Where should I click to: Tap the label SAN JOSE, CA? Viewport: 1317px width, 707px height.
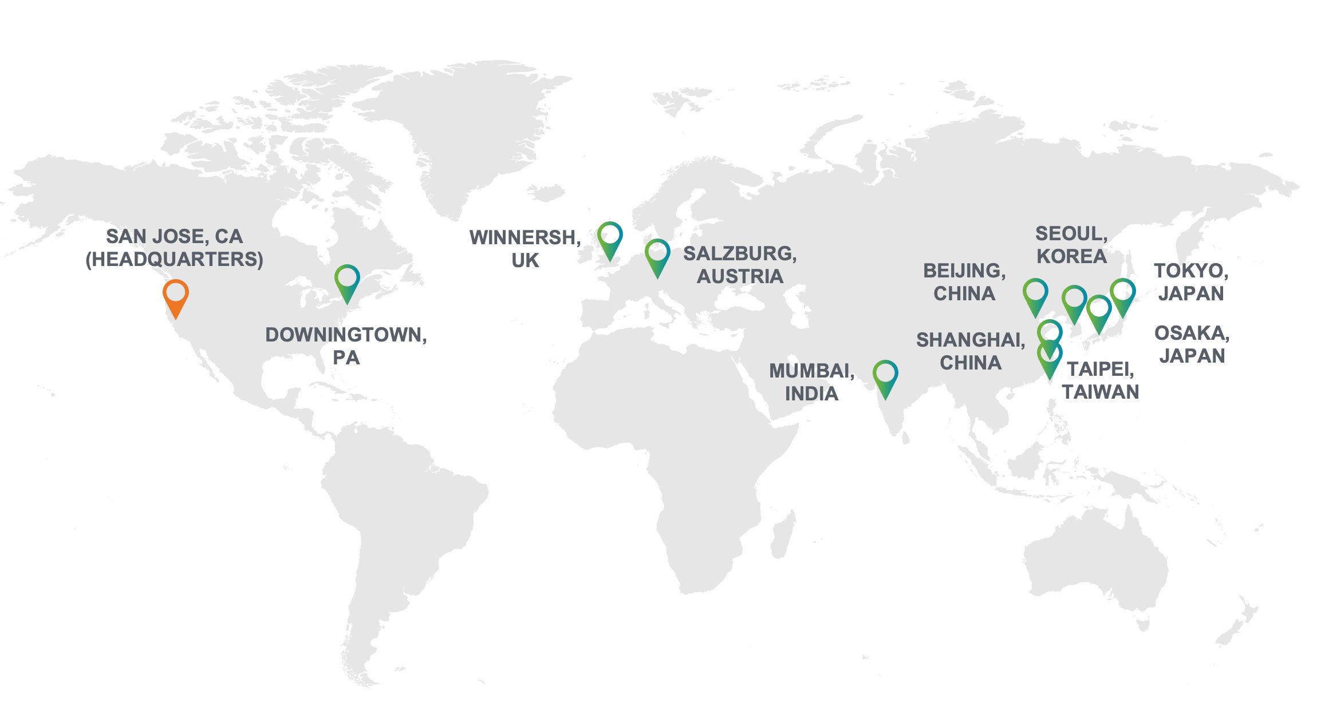175,236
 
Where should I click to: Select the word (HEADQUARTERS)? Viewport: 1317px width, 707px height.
175,259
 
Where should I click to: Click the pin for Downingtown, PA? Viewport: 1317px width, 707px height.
347,279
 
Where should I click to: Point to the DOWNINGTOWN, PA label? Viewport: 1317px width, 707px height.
346,345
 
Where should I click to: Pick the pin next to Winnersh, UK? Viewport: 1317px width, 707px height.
610,236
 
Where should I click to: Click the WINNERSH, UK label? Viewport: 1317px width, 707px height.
525,248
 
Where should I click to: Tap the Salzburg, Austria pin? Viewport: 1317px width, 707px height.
657,254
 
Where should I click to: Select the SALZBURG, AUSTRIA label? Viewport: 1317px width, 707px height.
740,264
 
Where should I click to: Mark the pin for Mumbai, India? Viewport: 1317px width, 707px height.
885,375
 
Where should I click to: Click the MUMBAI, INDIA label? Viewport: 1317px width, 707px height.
811,382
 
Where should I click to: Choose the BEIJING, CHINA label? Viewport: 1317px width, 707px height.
964,281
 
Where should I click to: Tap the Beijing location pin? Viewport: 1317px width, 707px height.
1035,293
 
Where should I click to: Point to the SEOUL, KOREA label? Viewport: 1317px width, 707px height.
1071,244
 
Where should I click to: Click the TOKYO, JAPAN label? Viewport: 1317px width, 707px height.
1191,281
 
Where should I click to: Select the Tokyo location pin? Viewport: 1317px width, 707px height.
1123,293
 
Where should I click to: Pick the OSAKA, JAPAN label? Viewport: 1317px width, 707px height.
1192,344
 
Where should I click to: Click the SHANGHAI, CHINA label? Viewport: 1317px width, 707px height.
971,351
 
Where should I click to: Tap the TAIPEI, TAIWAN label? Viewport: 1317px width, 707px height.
1100,380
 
